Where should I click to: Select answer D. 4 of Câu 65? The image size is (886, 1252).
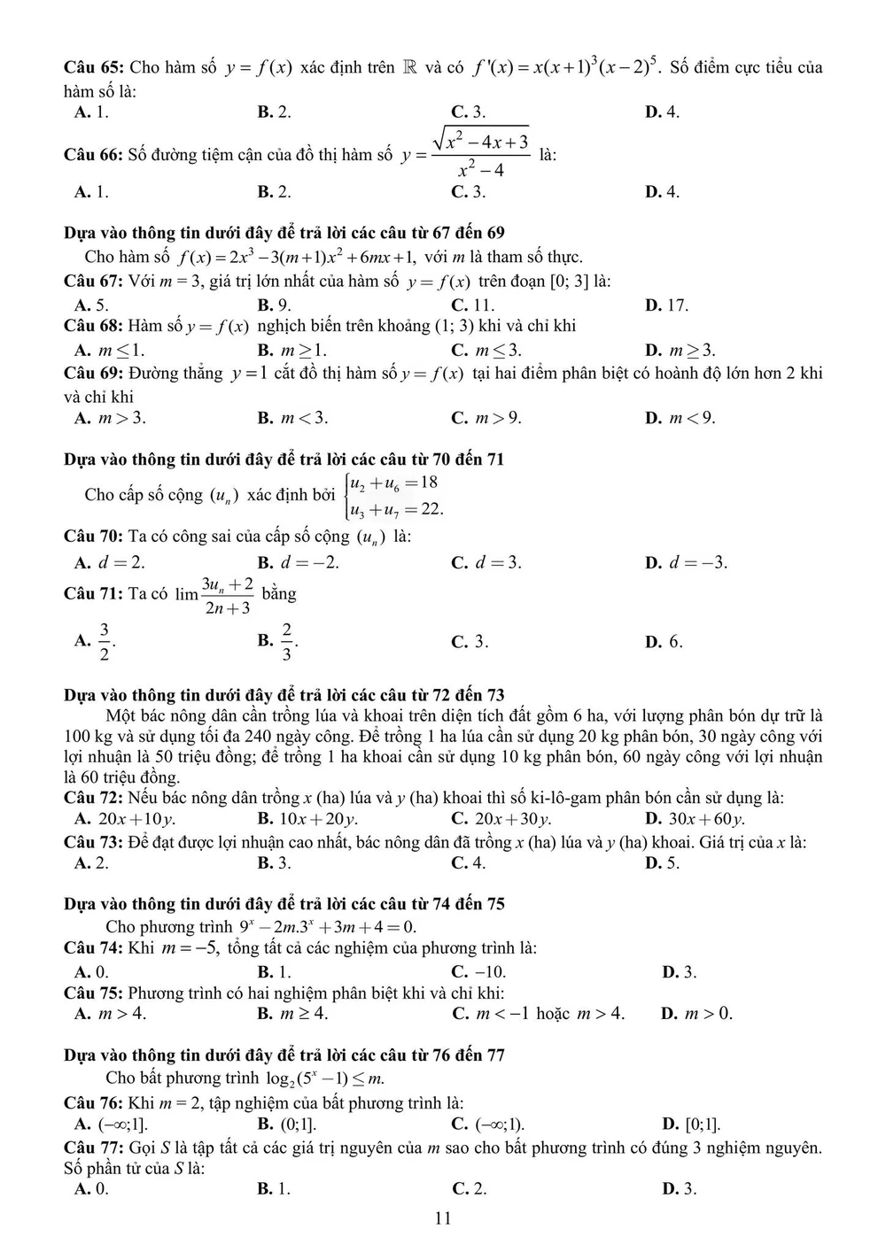pyautogui.click(x=662, y=112)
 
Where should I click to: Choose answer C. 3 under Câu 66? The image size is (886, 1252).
pyautogui.click(x=468, y=192)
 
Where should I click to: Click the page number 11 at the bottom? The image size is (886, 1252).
pyautogui.click(x=443, y=1218)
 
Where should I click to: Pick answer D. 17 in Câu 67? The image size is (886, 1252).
pyautogui.click(x=666, y=305)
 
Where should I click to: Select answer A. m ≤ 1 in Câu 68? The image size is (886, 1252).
pyautogui.click(x=110, y=350)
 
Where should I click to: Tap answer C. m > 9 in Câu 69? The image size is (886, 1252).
pyautogui.click(x=486, y=418)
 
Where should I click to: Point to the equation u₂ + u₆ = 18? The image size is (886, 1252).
pyautogui.click(x=393, y=483)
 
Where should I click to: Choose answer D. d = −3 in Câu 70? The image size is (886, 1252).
pyautogui.click(x=686, y=562)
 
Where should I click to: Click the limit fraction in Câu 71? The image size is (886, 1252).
pyautogui.click(x=227, y=595)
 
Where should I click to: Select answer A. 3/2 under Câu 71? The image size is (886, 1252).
pyautogui.click(x=96, y=641)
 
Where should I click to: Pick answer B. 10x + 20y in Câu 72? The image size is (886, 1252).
pyautogui.click(x=307, y=819)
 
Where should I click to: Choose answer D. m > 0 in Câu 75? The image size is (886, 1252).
pyautogui.click(x=696, y=1014)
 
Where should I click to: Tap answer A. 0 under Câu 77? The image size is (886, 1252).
pyautogui.click(x=91, y=1189)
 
